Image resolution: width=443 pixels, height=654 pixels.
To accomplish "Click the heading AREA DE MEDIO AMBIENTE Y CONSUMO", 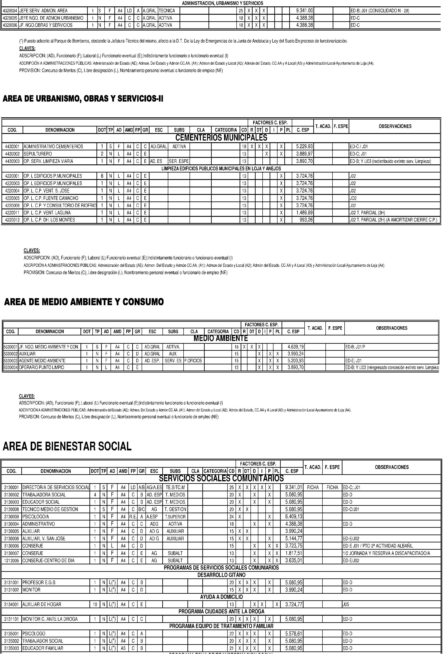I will point(84,302).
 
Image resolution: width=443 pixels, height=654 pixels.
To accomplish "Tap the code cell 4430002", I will point(12,154).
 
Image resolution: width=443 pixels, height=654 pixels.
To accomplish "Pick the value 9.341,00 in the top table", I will point(305,11).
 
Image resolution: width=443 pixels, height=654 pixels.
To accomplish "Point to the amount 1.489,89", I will point(304,213).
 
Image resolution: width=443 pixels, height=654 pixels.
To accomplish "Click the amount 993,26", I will point(306,220).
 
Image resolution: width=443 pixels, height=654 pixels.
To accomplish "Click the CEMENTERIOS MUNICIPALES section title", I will point(221,138).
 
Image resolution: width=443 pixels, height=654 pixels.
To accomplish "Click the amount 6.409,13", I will point(293,517).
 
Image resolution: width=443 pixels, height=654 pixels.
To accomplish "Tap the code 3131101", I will point(11,619).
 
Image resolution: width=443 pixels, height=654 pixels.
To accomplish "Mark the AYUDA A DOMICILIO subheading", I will point(221,597).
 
